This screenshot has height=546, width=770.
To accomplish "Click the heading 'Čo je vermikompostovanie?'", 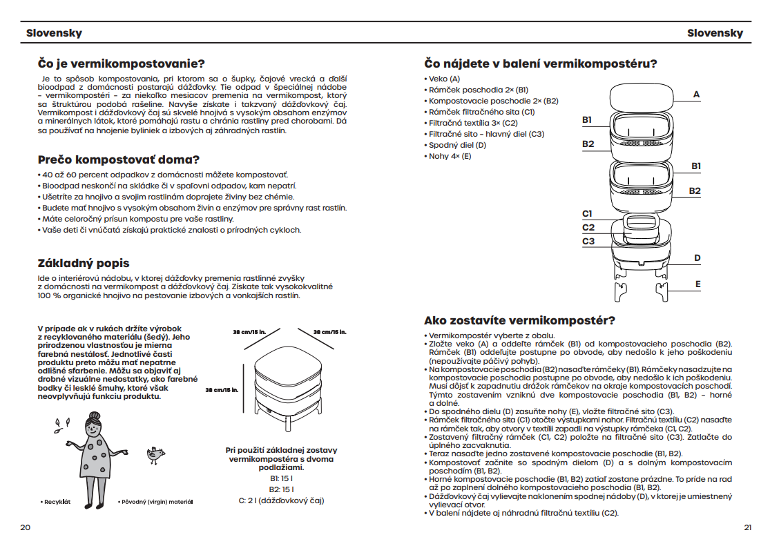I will click(x=121, y=64).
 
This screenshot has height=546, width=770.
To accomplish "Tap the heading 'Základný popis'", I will click(x=83, y=263).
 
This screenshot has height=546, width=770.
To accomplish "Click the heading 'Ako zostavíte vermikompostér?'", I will click(x=519, y=320).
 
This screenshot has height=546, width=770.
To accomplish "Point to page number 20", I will click(x=26, y=527).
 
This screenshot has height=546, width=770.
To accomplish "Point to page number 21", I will click(x=747, y=527).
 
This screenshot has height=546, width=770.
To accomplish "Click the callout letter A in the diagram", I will click(x=697, y=94).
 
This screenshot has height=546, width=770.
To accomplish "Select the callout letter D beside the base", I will click(x=697, y=258).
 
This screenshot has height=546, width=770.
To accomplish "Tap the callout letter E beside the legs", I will click(x=697, y=284).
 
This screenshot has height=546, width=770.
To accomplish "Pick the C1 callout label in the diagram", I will click(x=588, y=214).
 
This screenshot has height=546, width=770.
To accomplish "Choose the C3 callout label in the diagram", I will click(x=588, y=242).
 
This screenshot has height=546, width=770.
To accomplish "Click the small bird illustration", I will click(x=156, y=454).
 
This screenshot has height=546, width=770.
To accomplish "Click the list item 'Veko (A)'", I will click(x=444, y=79).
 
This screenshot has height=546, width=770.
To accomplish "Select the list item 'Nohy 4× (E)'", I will click(x=450, y=156).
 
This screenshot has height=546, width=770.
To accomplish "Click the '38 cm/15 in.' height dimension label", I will click(x=222, y=390).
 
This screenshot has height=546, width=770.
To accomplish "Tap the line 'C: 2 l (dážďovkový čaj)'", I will click(x=281, y=500).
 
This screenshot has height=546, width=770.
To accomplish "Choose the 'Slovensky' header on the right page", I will click(x=715, y=33).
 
